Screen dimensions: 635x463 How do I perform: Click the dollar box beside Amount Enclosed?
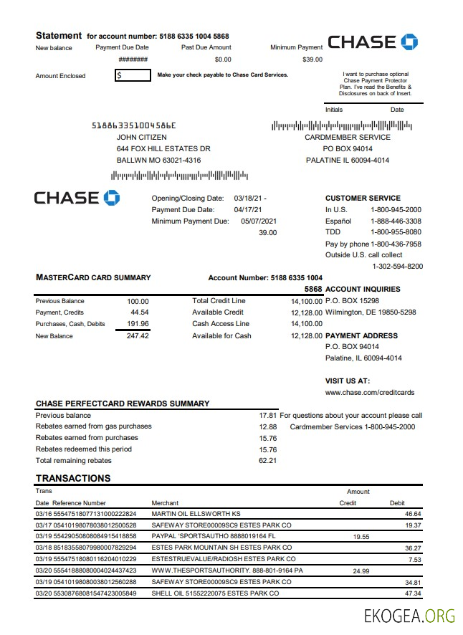(x=133, y=75)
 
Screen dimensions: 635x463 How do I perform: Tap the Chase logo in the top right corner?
(x=372, y=41)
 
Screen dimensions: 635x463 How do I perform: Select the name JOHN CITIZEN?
(x=142, y=137)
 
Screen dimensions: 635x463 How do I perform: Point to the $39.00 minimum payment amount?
(x=312, y=59)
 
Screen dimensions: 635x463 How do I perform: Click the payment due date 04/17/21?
(x=248, y=210)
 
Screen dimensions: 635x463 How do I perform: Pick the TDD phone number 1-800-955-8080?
(x=396, y=232)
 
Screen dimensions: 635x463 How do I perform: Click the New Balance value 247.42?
(x=138, y=335)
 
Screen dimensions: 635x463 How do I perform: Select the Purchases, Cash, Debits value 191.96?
(x=138, y=324)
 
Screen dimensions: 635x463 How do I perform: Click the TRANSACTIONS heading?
(x=73, y=478)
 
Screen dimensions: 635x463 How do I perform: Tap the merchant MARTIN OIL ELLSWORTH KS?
(x=196, y=514)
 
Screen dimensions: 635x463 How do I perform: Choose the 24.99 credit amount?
(x=362, y=570)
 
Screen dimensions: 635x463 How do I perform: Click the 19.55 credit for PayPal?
(x=362, y=536)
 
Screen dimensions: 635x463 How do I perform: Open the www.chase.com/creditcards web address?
(x=369, y=393)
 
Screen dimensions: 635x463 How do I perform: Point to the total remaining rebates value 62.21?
(x=267, y=460)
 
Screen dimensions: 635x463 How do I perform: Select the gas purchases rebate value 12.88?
(x=267, y=426)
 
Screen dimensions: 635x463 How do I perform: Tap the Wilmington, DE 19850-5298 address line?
(x=371, y=312)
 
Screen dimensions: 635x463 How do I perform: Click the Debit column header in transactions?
(x=397, y=503)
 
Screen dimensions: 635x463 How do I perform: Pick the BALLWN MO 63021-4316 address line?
(x=158, y=160)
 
